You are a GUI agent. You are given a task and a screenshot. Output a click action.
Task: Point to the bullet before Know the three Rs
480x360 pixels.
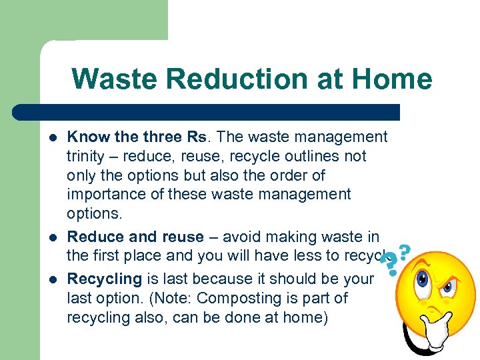pyautogui.click(x=53, y=138)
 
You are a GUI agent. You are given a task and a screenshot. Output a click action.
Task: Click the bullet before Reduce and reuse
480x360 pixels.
pyautogui.click(x=53, y=237)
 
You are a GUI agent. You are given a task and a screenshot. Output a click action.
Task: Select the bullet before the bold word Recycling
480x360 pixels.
pyautogui.click(x=53, y=279)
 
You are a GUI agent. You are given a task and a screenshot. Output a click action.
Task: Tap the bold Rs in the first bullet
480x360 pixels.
pyautogui.click(x=196, y=137)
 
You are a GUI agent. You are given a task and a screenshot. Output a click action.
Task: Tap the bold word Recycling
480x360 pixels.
pyautogui.click(x=105, y=279)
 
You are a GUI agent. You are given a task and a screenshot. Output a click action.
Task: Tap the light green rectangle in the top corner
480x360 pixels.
pyautogui.click(x=83, y=20)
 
